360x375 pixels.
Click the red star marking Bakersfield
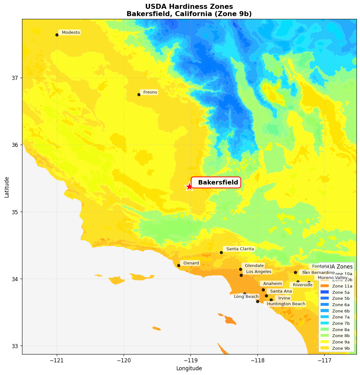click(189, 186)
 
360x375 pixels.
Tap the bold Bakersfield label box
click(216, 183)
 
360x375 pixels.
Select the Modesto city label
click(70, 33)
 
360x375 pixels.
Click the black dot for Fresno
click(139, 94)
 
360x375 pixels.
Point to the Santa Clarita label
click(239, 249)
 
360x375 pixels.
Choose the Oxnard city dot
click(179, 265)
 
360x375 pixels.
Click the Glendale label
click(253, 266)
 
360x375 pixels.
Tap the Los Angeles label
click(258, 272)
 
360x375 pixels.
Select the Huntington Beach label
click(285, 304)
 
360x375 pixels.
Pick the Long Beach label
click(245, 297)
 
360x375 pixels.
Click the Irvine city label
click(283, 298)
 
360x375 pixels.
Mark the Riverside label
click(302, 285)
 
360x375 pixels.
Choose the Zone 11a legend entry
click(336, 286)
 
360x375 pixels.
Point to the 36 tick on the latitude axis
click(15, 145)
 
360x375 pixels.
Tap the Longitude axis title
click(189, 368)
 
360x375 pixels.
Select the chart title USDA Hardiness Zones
click(189, 7)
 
